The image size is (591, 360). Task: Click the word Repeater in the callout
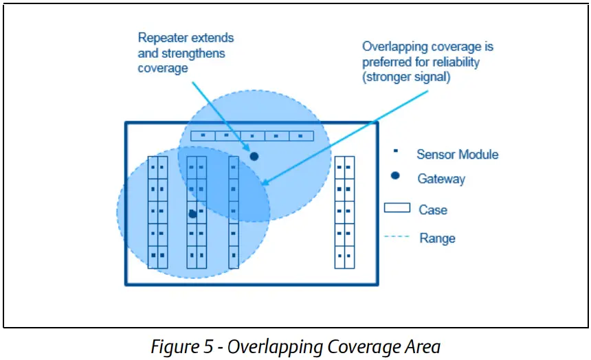(x=164, y=38)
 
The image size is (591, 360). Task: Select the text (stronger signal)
(x=407, y=77)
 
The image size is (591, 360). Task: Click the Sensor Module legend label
(x=457, y=155)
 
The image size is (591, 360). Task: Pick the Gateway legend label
(x=441, y=179)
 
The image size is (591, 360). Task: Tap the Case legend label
(x=433, y=210)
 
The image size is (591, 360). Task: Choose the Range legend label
(x=437, y=238)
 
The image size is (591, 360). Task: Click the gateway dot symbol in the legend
(x=395, y=177)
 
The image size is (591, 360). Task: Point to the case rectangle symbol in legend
(x=397, y=208)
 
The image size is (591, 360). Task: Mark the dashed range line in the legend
(x=397, y=238)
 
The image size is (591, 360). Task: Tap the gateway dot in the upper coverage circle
(x=254, y=157)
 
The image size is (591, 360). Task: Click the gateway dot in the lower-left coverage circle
(x=192, y=214)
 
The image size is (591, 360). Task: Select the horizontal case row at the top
(x=252, y=135)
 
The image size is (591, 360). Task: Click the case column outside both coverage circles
(x=344, y=212)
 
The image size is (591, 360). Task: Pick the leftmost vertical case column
(x=157, y=212)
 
